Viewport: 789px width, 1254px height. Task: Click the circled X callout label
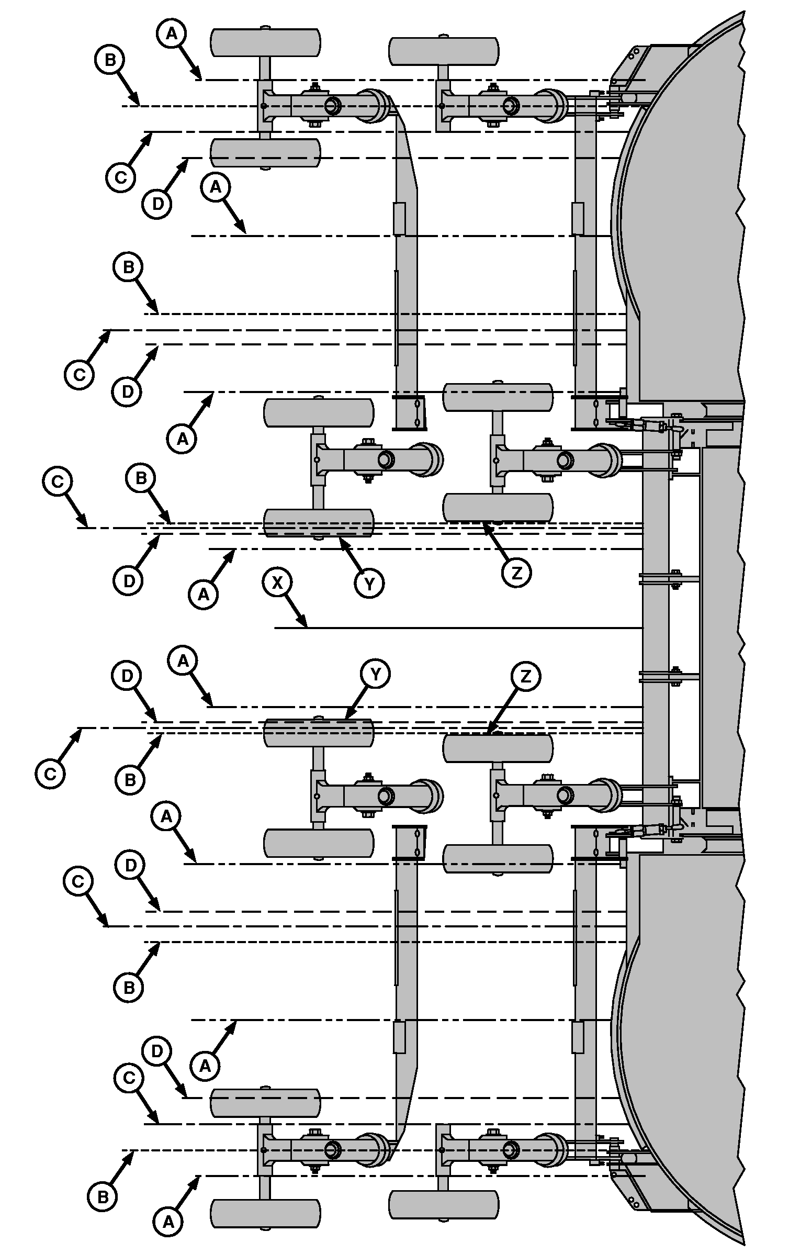tap(277, 583)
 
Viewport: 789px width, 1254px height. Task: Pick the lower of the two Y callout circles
tap(376, 675)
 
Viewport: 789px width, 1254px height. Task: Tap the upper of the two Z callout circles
tap(516, 573)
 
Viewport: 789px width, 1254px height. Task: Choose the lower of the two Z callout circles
tap(525, 677)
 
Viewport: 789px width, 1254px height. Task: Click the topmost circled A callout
tap(171, 33)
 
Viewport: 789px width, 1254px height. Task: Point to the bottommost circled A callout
tap(168, 1222)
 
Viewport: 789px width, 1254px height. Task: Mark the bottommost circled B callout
tap(103, 1197)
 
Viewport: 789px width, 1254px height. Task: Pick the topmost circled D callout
tap(157, 204)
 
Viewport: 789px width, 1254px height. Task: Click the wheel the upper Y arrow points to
tap(319, 523)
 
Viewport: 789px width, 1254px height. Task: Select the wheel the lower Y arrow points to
tap(319, 732)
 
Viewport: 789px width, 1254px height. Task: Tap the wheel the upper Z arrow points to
tap(498, 507)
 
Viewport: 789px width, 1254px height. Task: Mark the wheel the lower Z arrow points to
tap(498, 748)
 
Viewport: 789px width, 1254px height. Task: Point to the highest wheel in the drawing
tap(265, 42)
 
